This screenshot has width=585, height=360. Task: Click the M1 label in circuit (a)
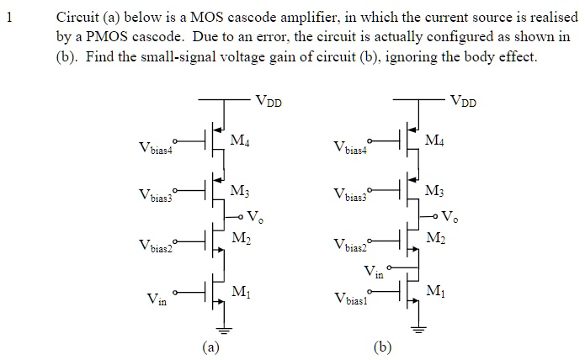point(241,293)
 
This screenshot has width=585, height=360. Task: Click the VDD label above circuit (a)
point(269,103)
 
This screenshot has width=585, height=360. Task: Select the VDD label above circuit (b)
point(463,103)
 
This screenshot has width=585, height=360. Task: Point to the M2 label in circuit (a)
point(241,239)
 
